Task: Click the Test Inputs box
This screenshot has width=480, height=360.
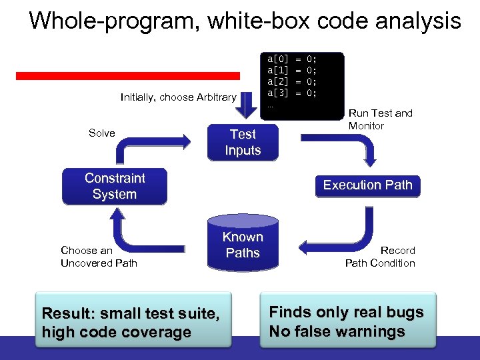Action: pos(242,142)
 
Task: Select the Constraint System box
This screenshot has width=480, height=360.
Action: pos(114,186)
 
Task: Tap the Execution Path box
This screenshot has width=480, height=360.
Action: pos(367,185)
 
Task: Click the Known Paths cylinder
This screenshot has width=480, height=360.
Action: pos(243,245)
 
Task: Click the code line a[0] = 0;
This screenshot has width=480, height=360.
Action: pos(292,59)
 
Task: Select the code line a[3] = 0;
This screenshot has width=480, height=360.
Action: pos(292,93)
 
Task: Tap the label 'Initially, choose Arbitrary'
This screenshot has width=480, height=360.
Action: pos(178,97)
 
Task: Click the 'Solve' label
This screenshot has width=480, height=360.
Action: pos(101,133)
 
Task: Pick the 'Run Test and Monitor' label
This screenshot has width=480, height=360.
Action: pos(380,119)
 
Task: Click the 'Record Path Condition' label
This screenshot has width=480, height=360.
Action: pos(380,257)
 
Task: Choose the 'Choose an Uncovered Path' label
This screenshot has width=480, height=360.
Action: pos(99,257)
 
